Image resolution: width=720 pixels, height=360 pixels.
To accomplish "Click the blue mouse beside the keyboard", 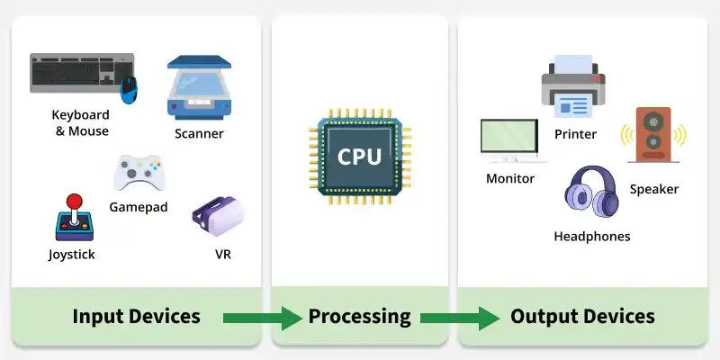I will tap(130, 87).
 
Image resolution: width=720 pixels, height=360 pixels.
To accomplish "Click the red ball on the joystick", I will tap(75, 200).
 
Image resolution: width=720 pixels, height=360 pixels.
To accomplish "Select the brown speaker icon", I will tap(653, 135).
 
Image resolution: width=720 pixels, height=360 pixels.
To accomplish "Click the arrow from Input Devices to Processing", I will tap(262, 317).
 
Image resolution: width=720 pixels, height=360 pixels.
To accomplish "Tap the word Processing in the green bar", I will tap(359, 317).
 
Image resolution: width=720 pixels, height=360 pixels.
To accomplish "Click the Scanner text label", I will tap(199, 134).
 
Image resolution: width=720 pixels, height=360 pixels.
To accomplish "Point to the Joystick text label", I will tap(72, 255).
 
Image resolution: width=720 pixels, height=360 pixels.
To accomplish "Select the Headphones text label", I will tap(591, 237).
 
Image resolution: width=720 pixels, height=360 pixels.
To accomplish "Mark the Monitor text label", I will tap(510, 178).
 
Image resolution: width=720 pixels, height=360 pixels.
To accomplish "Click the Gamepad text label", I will tap(139, 207).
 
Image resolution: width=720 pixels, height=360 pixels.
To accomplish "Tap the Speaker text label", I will tap(653, 189).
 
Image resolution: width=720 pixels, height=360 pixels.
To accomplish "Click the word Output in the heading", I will tap(539, 317).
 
